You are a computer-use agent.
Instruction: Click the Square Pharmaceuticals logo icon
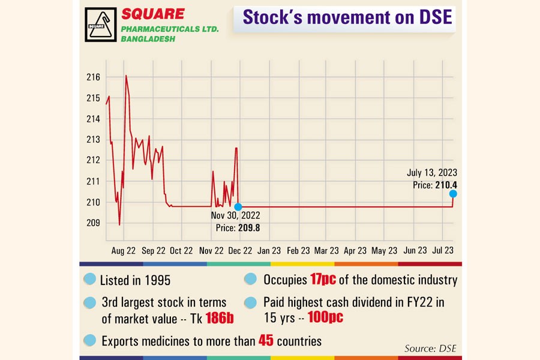[100, 25]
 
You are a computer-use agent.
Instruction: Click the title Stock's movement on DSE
[347, 17]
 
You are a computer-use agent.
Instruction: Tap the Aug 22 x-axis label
[123, 251]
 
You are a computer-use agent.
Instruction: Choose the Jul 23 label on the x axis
[442, 251]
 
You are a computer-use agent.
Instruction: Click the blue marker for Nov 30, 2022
[238, 207]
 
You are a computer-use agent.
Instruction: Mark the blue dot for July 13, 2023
[453, 193]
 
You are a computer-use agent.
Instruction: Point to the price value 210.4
[445, 185]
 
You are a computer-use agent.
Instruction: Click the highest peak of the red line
[126, 76]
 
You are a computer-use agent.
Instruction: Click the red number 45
[266, 341]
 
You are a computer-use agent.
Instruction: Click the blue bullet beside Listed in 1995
[89, 280]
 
